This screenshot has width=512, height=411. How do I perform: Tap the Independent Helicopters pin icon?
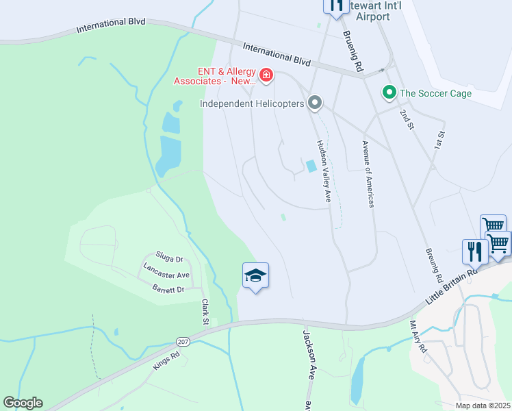click(x=315, y=103)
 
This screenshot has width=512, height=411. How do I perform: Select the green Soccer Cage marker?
click(x=389, y=92)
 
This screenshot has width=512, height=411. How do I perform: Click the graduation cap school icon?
click(x=255, y=275)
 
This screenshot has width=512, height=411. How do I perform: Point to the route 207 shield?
click(x=182, y=340)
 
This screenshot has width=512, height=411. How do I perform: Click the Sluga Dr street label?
click(x=170, y=260)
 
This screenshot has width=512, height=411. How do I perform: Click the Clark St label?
click(x=205, y=312)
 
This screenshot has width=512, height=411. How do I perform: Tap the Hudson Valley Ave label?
click(x=323, y=172)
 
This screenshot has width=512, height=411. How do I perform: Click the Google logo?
click(x=23, y=403)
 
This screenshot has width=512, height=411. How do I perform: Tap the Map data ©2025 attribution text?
click(x=482, y=406)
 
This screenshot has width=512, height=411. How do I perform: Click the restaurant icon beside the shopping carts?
click(x=474, y=251)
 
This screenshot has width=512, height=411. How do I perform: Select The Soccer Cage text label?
click(x=435, y=93)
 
